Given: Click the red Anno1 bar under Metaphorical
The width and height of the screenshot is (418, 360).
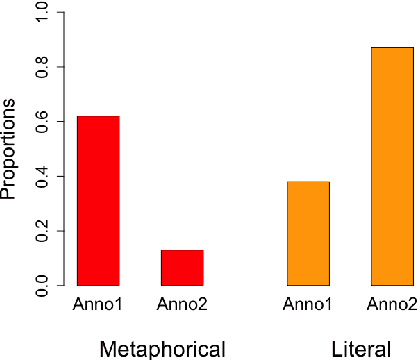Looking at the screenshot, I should pos(98,200).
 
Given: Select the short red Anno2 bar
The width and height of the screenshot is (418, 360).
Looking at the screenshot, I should pos(182,267).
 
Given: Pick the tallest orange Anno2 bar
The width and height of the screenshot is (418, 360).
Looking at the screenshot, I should pos(392,166).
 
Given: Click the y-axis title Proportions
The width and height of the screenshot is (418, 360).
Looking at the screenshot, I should pos(9,150).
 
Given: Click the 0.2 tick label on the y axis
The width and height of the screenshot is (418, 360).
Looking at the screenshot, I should pos(39,231).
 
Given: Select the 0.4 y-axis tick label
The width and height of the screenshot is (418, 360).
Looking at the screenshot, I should pos(39,177).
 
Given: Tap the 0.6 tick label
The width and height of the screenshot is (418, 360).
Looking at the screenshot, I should pos(39,122).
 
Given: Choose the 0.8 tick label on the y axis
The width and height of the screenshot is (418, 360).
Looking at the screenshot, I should pos(39,67).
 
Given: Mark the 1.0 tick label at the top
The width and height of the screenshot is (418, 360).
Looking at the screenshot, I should pos(39,13).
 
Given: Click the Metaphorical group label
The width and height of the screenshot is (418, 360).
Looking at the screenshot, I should pos(162,347).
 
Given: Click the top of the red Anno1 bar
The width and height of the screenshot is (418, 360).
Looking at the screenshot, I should pos(98,117).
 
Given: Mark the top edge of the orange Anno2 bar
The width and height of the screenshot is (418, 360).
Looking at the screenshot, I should pos(392,48).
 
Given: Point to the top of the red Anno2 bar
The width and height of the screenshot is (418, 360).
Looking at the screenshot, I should pos(182,250).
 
